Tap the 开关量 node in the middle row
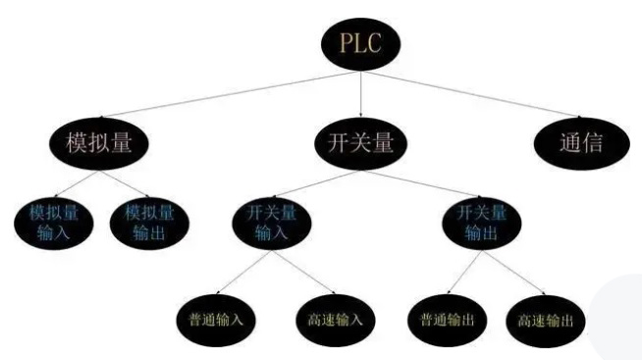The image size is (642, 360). coord(360,142)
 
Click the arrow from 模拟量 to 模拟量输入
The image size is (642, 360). coord(73,182)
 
